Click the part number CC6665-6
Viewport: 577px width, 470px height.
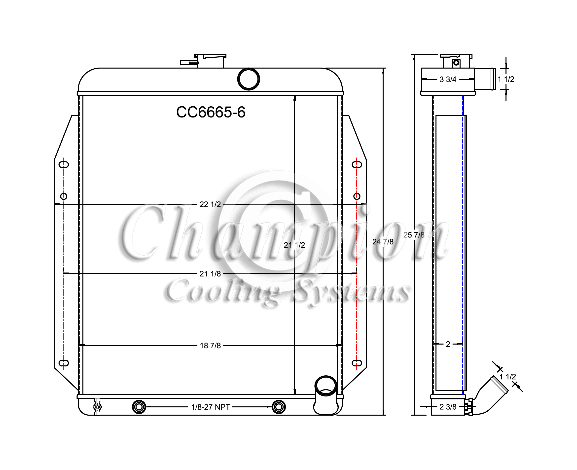click(211, 112)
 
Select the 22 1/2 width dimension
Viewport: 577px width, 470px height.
click(210, 204)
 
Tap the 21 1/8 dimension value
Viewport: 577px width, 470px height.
click(210, 274)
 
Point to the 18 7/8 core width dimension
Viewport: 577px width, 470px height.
click(210, 346)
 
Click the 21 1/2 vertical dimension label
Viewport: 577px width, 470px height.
click(294, 245)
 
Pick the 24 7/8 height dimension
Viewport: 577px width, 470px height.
click(383, 242)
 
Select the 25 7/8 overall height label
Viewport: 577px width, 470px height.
click(414, 235)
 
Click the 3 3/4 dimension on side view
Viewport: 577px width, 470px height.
click(448, 79)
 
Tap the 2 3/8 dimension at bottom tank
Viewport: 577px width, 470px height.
click(448, 407)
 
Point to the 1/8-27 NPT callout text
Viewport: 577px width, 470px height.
click(211, 407)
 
